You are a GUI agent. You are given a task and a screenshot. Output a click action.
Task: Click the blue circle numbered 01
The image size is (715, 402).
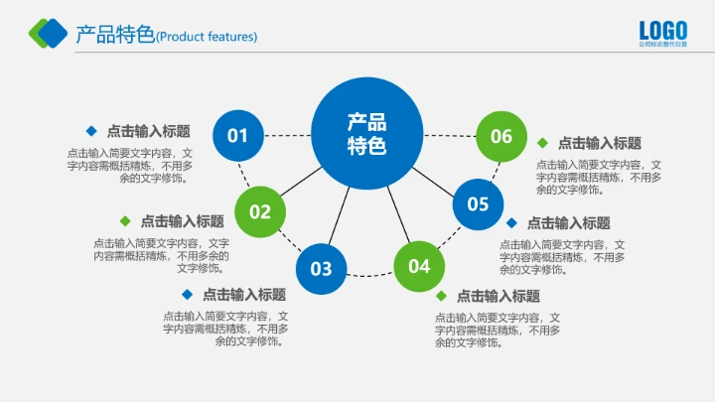(x=237, y=134)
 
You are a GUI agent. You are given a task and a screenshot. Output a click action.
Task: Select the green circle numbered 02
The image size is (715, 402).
(x=260, y=210)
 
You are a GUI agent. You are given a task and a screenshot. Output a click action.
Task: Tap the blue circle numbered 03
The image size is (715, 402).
(x=321, y=268)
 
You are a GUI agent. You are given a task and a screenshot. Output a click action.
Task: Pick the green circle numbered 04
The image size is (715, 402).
(x=419, y=265)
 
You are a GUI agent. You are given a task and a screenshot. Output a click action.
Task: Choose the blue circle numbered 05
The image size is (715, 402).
(x=479, y=203)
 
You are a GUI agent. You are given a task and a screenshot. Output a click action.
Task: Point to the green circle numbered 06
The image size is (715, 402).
(x=501, y=136)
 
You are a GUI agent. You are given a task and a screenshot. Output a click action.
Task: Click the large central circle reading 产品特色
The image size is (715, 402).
(x=366, y=133)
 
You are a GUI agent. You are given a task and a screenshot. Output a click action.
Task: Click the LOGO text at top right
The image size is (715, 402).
(x=663, y=30)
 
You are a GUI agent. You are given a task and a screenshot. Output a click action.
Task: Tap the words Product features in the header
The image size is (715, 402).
(x=208, y=38)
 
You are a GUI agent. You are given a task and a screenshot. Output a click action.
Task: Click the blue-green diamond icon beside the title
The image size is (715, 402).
(x=48, y=34)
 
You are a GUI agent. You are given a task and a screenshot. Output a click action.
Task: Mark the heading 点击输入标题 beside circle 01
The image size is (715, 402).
(x=149, y=131)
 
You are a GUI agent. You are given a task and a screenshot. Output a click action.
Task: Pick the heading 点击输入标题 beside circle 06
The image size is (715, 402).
(x=600, y=143)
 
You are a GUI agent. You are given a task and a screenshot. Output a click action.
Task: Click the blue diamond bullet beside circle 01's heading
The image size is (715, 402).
(x=91, y=130)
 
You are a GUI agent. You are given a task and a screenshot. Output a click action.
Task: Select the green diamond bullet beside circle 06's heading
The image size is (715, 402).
(x=542, y=143)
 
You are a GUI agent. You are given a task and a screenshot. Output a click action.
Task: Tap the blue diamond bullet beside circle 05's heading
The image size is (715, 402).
(x=511, y=222)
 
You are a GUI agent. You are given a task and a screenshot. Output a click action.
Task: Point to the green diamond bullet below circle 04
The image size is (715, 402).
(x=441, y=295)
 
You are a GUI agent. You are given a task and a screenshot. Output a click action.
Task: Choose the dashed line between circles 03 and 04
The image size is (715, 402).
(x=369, y=274)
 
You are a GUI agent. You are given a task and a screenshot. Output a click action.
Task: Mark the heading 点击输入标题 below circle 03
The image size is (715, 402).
(x=244, y=295)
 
